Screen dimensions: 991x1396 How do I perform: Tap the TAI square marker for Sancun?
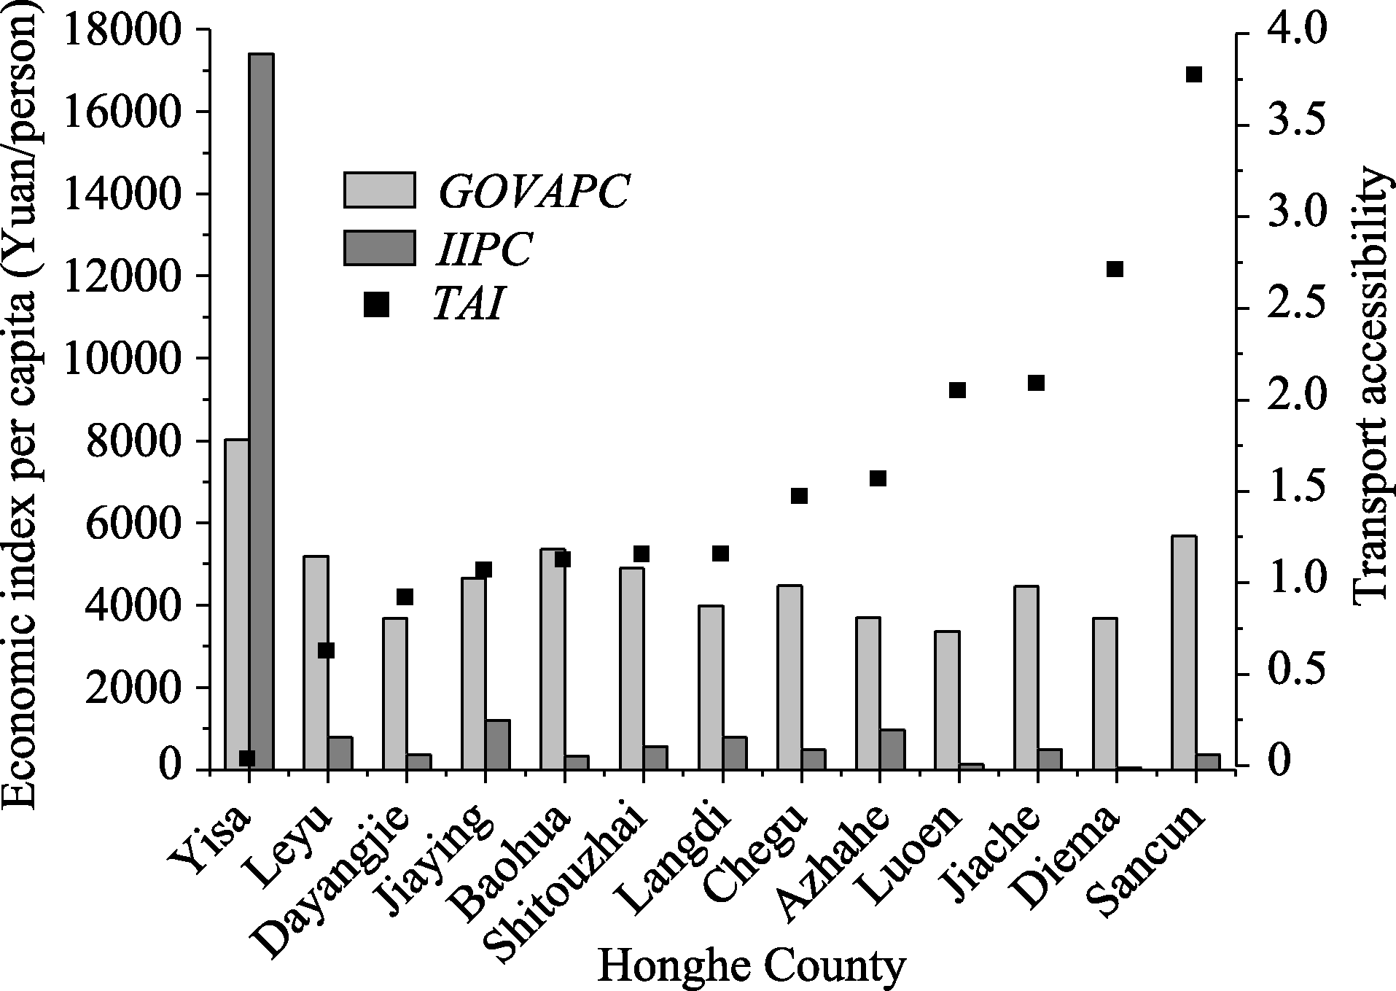point(1193,74)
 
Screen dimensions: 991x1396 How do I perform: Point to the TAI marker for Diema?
point(1115,269)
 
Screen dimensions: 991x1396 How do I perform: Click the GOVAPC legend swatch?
point(379,190)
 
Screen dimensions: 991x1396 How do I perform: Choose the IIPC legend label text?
point(484,249)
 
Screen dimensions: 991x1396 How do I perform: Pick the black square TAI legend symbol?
point(376,306)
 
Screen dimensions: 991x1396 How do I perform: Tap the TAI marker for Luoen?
point(957,390)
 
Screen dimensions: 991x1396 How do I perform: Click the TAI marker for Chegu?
point(799,496)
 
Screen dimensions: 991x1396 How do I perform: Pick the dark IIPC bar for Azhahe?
point(892,748)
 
